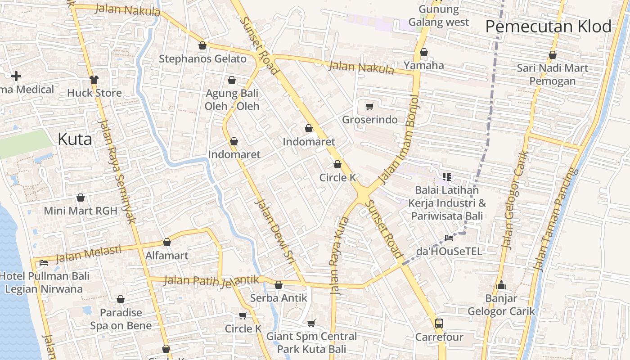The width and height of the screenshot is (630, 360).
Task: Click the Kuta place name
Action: (x=75, y=139)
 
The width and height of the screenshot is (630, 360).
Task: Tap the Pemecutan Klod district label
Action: (x=548, y=27)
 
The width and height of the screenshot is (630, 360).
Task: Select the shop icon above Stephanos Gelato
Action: (x=202, y=45)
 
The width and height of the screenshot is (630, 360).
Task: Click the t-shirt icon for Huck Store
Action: (x=94, y=80)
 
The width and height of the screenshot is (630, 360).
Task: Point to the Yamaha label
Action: (x=423, y=65)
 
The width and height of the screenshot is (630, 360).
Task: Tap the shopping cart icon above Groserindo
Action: (x=369, y=107)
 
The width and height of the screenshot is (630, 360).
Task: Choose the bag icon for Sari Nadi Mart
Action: (x=552, y=55)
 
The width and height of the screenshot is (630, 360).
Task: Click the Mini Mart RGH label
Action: (x=81, y=211)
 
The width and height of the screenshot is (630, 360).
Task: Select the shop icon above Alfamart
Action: (x=167, y=242)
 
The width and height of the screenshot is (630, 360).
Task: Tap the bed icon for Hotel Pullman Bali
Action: (x=44, y=262)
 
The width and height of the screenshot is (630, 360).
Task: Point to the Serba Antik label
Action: (x=279, y=298)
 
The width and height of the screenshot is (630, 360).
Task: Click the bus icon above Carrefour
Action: (x=439, y=323)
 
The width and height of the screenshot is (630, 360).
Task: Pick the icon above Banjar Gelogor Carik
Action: (x=501, y=285)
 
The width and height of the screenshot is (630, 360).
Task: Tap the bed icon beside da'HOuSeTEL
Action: (x=449, y=238)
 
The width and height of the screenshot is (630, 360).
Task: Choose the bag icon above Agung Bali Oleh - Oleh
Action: (x=232, y=81)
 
